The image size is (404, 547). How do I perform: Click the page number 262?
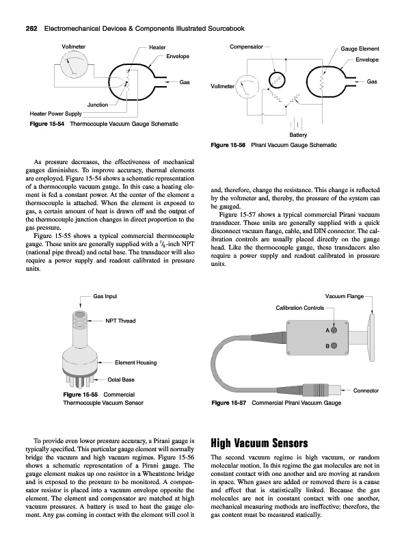(x=32, y=29)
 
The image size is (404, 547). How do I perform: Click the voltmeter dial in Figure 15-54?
(x=74, y=65)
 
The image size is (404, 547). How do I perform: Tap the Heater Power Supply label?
(x=55, y=114)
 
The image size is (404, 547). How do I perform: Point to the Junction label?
(x=97, y=105)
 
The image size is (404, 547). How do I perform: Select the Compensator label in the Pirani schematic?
(x=246, y=46)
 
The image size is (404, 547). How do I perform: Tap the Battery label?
(x=298, y=135)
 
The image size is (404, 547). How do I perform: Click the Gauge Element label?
(x=360, y=49)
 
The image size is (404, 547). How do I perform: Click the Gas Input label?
(x=105, y=296)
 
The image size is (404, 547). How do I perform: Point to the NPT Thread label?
(x=120, y=321)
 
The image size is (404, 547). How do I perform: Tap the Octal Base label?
(x=121, y=379)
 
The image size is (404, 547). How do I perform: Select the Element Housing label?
(x=136, y=362)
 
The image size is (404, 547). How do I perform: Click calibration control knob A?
(x=334, y=330)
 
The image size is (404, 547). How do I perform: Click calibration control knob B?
(x=334, y=346)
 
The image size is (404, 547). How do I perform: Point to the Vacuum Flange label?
(x=345, y=297)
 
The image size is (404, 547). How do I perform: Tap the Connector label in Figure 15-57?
(x=366, y=390)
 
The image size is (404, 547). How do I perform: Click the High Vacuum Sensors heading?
(x=259, y=443)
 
